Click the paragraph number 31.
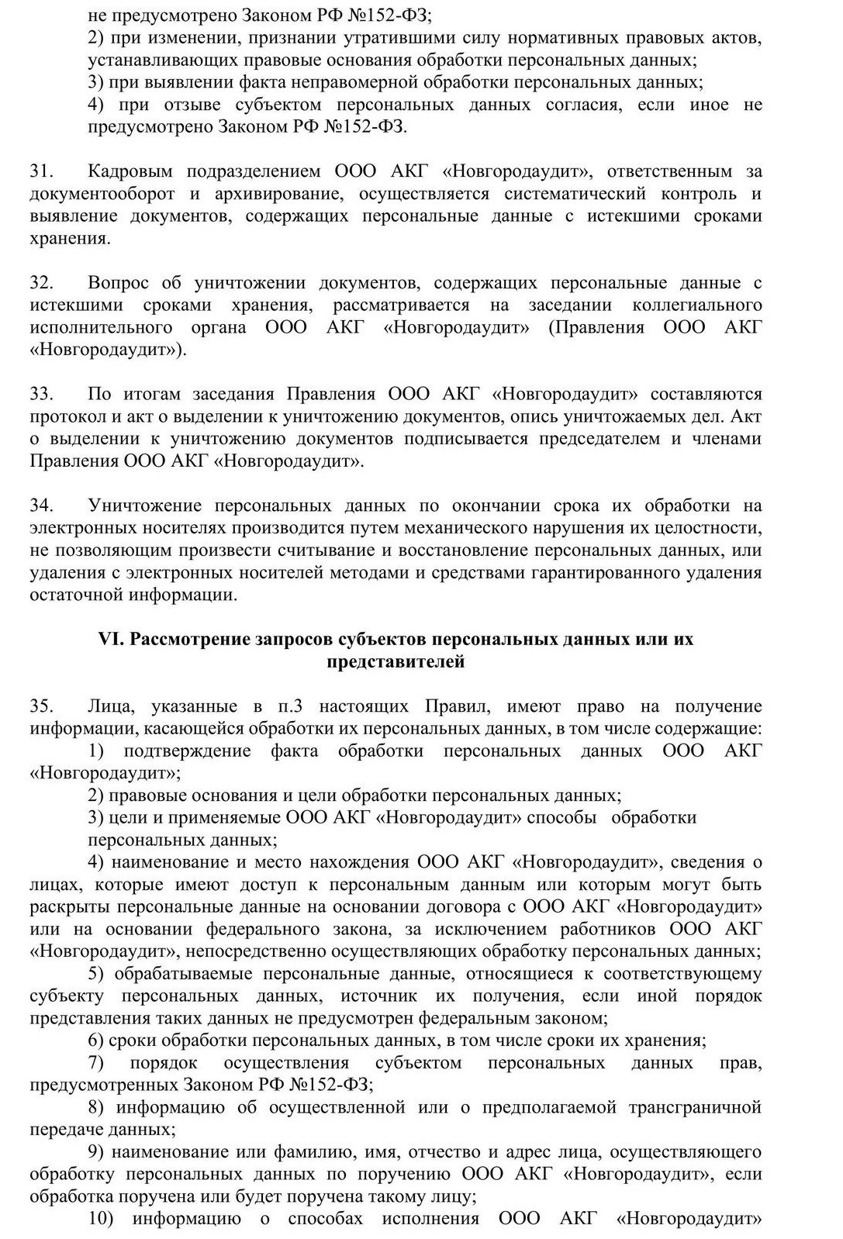pos(40,171)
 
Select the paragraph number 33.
pos(40,394)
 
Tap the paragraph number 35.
pos(40,706)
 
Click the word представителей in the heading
pos(396,662)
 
